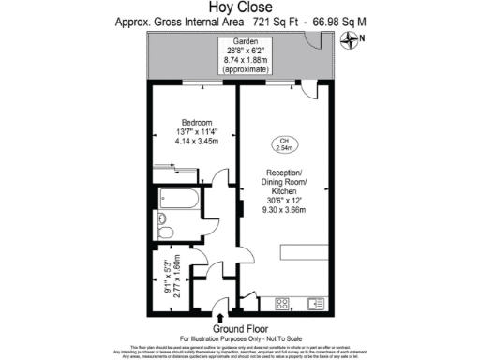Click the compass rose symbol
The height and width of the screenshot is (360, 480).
[x=351, y=39]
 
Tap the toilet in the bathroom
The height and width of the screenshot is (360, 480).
[x=165, y=232]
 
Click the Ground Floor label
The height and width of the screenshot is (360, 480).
[x=239, y=328]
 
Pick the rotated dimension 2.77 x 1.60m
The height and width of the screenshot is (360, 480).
[x=175, y=277]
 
